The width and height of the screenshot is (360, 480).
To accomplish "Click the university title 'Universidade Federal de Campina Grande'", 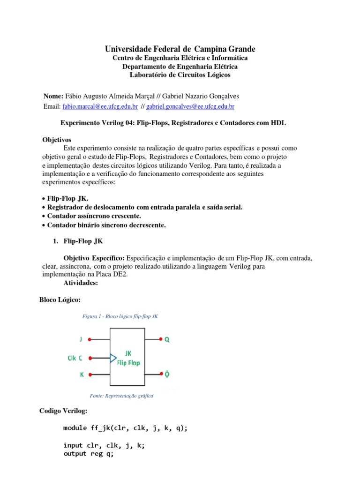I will [x=180, y=49].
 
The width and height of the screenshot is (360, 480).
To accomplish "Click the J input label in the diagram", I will [x=81, y=338].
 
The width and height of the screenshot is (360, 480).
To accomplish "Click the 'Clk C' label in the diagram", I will [x=75, y=358].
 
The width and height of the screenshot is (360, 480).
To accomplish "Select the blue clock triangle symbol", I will [x=113, y=358].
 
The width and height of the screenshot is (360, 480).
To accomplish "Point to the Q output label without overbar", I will [x=167, y=339].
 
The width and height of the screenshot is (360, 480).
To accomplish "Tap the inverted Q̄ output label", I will [x=167, y=375].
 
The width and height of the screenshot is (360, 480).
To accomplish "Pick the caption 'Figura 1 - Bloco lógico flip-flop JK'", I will [x=120, y=316].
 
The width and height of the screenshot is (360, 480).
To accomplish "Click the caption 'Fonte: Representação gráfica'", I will [x=118, y=396].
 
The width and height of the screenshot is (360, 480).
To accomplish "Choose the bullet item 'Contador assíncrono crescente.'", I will [x=94, y=216].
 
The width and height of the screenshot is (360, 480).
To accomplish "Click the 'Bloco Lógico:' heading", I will [x=60, y=300].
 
